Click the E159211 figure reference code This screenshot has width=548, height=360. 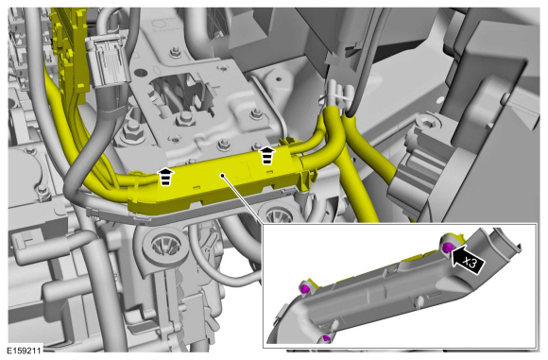(25, 351)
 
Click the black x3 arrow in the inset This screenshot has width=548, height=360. (468, 260)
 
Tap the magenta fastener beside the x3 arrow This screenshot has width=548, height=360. (447, 248)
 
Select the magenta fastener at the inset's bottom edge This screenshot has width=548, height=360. (326, 338)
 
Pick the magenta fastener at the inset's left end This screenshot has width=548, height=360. (305, 289)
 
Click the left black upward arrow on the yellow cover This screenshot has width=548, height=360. (165, 176)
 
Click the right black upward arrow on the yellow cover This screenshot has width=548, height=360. (267, 155)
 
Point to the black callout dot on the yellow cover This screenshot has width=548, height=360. (222, 175)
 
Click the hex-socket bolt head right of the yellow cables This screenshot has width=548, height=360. (427, 123)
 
